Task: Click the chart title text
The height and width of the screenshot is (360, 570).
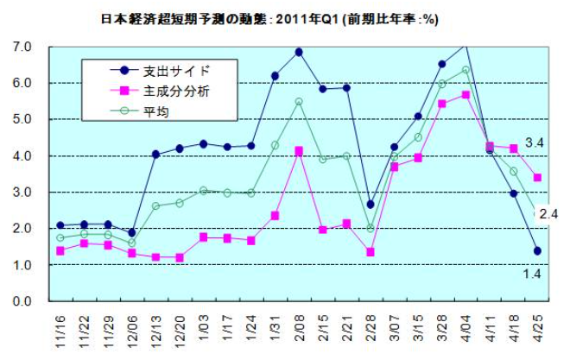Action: (x=284, y=16)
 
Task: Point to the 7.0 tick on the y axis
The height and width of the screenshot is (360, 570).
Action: (x=22, y=46)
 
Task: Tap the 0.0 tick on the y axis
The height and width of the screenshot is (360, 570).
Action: (x=22, y=301)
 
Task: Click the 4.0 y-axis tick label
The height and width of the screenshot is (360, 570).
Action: (x=22, y=155)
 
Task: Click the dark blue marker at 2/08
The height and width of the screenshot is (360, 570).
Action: (x=299, y=52)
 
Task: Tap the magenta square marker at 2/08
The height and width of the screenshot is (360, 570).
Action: (x=299, y=150)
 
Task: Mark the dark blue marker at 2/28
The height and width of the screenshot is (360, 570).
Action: (x=370, y=205)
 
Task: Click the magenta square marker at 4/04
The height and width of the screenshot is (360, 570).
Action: (x=465, y=94)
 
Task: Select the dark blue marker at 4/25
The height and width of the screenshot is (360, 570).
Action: (x=537, y=250)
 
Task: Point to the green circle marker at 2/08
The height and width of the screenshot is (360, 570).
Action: (x=299, y=102)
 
